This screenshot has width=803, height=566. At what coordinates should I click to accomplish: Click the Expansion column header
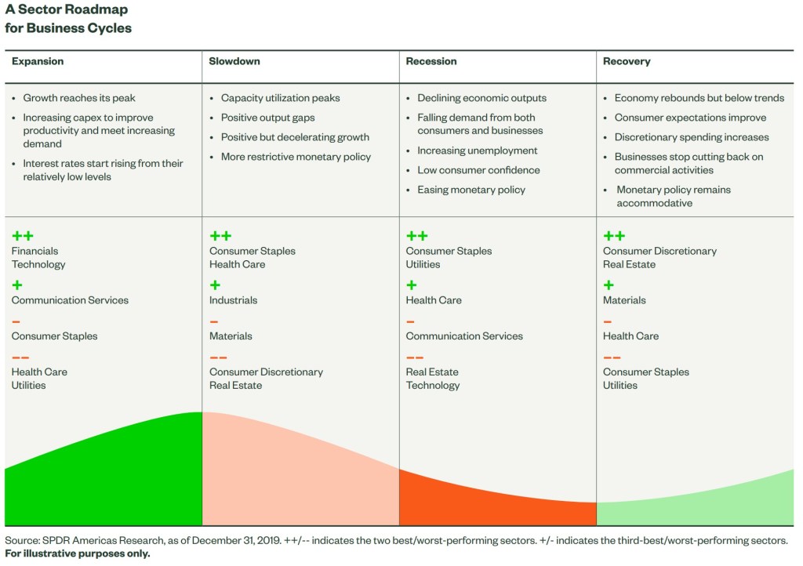tap(38, 61)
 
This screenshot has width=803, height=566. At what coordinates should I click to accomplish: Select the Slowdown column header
tap(234, 61)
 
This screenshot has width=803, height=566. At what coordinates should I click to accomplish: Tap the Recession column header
tap(431, 61)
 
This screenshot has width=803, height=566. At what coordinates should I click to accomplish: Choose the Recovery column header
tap(627, 61)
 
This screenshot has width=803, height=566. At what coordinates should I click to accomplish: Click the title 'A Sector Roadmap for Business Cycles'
tap(68, 19)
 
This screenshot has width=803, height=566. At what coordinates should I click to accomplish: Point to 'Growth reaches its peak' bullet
tap(79, 98)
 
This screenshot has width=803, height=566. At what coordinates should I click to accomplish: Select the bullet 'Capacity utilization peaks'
tap(280, 98)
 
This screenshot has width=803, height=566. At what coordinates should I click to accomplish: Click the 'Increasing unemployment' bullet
tap(477, 151)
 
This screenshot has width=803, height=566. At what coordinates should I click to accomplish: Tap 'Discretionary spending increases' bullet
tap(692, 137)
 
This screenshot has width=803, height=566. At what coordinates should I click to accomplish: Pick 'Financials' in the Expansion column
tap(35, 251)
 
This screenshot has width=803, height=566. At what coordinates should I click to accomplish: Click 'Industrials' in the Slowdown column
tap(233, 300)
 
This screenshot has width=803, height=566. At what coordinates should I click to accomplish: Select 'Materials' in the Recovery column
tap(624, 300)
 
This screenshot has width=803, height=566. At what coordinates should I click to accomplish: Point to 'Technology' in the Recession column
tap(433, 385)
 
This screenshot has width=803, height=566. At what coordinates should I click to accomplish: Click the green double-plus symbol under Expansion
tap(23, 236)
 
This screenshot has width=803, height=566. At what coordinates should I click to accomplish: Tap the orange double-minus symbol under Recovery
tap(613, 357)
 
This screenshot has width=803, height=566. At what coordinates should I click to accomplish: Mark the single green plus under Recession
tap(412, 285)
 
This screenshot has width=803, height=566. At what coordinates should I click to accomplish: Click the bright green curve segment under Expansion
tap(118, 478)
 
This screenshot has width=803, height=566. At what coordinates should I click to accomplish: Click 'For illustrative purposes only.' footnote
tap(77, 553)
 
